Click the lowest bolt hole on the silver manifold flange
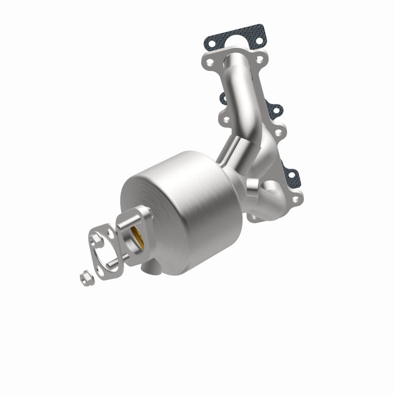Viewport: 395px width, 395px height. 297,200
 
